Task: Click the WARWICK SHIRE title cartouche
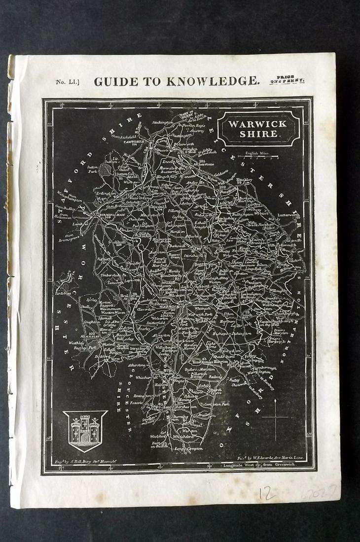(x=259, y=128)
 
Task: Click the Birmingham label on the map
(x=105, y=215)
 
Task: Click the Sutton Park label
(x=94, y=170)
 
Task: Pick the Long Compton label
(x=189, y=449)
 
